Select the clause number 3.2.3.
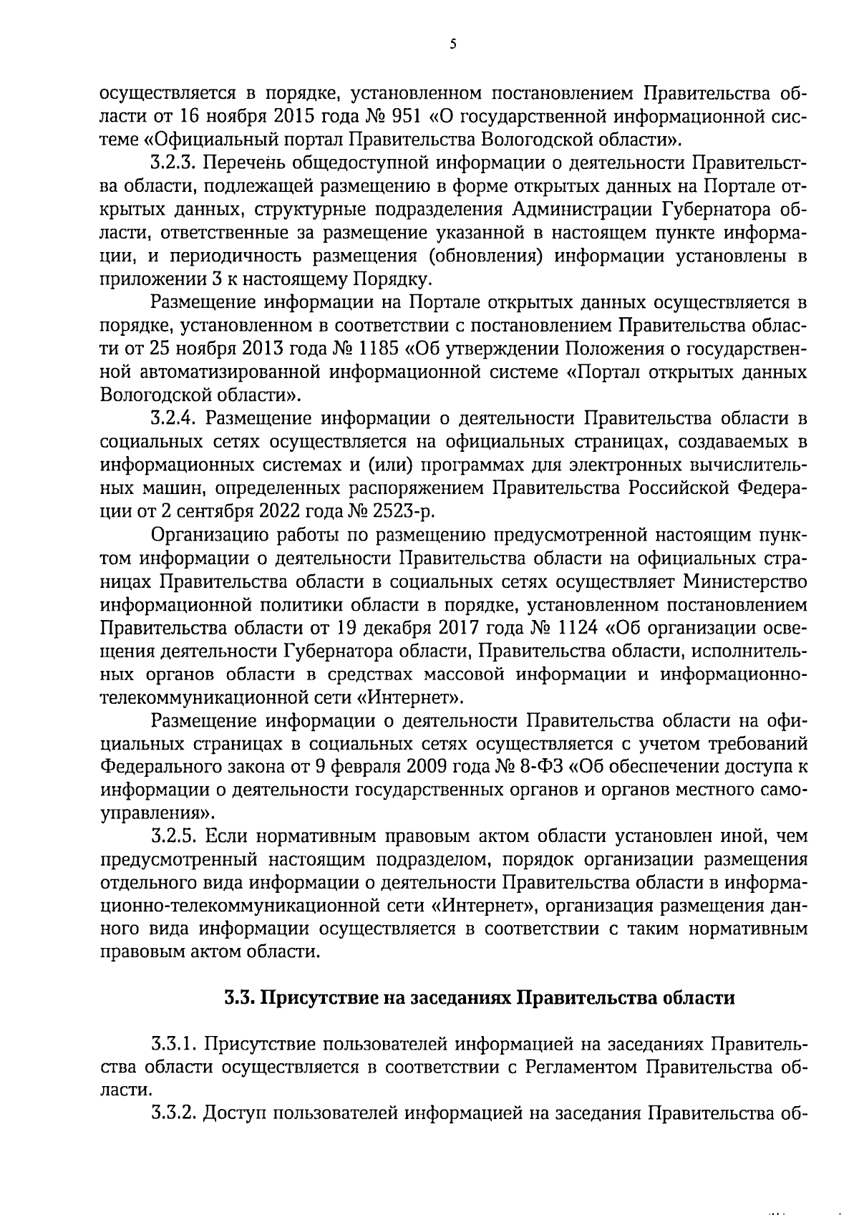click(175, 163)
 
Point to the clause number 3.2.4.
click(175, 418)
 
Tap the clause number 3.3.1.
click(175, 1043)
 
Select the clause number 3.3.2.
click(175, 1113)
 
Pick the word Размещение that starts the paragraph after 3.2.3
click(207, 302)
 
